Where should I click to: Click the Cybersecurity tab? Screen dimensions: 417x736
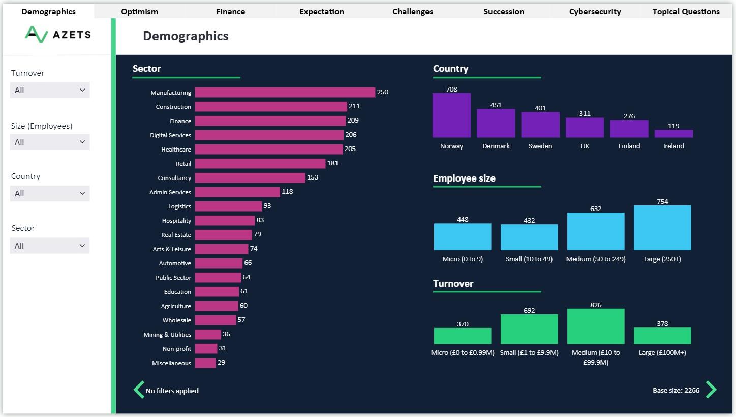595,11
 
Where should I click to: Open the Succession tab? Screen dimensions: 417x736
504,11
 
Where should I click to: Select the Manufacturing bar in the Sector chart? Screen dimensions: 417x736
285,93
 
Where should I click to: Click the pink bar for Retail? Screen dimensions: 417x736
260,164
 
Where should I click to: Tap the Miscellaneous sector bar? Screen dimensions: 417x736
205,363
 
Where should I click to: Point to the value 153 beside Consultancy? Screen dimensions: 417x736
313,177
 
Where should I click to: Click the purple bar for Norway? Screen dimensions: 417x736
451,115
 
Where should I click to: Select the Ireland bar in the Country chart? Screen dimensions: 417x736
673,134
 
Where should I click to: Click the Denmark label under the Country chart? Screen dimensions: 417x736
496,146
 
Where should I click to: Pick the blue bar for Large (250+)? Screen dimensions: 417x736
662,228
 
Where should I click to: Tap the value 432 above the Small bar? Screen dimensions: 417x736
529,220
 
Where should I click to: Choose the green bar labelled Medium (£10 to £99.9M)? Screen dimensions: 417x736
596,326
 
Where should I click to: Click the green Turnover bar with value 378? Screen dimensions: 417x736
662,336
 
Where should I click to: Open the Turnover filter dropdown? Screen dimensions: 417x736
50,90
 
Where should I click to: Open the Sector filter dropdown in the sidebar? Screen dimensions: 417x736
50,246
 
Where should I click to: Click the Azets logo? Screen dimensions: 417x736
57,34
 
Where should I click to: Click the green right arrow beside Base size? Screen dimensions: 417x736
711,390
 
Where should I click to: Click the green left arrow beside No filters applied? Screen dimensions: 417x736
138,390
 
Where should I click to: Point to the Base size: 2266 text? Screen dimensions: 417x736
676,391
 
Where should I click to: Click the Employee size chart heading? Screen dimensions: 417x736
464,178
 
